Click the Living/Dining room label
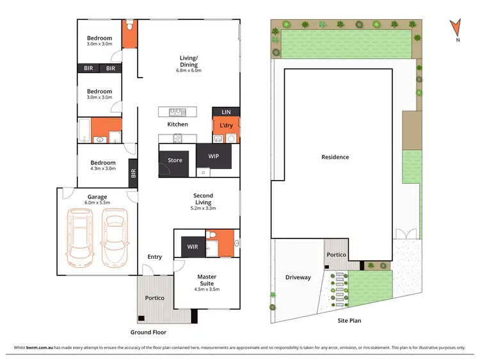coord(188,61)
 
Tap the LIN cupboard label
coord(226,111)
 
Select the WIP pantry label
coord(214,156)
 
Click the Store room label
coord(175,160)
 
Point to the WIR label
coord(193,247)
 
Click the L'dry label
coord(226,125)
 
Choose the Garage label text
coord(97,197)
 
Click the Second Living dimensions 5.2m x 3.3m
coord(203,208)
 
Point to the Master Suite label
coord(206,280)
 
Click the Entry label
coord(154,257)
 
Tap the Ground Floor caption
coord(148,332)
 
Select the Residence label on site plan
coord(335,157)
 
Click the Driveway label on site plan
coord(298,277)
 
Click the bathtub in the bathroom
coord(84,130)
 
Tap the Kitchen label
coord(177,124)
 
